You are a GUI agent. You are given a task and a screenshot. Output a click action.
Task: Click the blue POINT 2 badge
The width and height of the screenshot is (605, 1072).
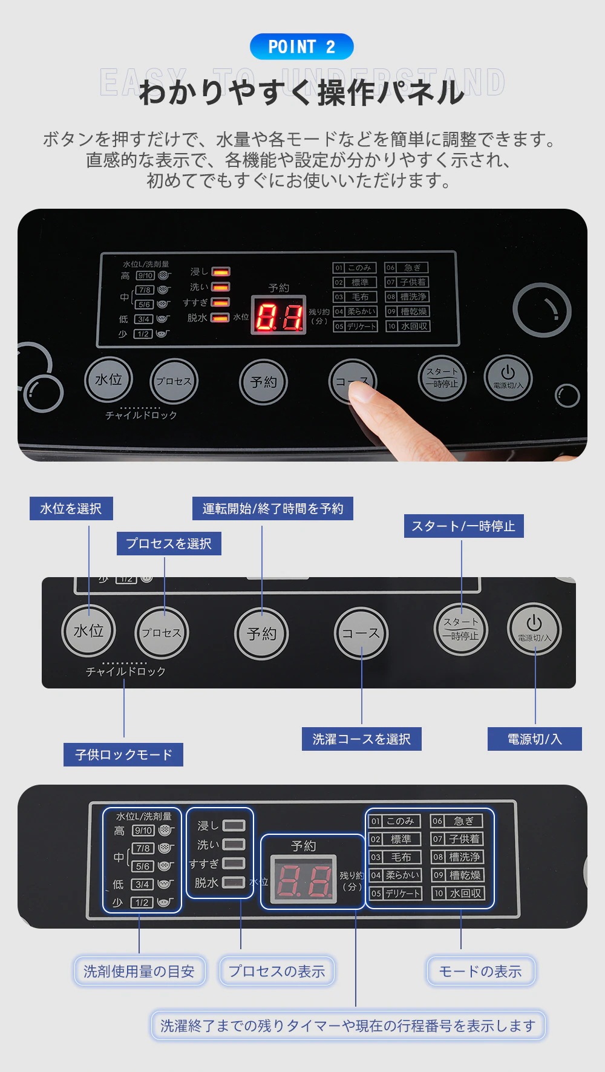(301, 47)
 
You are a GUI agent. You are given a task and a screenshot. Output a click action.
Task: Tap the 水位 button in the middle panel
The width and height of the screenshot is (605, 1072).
(88, 631)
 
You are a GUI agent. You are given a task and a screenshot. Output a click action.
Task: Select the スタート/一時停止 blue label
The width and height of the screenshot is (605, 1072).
(463, 526)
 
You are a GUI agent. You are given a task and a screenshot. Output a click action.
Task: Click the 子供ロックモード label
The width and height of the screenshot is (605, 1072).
(123, 754)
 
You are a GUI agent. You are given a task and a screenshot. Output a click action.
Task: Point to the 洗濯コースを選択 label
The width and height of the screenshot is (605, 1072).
(361, 739)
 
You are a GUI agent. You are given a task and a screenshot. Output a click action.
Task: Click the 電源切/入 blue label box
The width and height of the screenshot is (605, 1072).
(534, 739)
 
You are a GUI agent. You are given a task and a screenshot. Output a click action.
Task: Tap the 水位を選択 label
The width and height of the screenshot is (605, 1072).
(71, 508)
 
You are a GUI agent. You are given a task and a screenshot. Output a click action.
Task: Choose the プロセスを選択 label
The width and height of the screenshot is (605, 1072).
(169, 543)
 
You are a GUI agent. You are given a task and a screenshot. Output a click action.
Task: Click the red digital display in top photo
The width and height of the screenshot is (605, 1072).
(278, 316)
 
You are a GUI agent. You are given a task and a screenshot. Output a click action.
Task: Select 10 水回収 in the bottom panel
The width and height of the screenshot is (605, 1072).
(458, 893)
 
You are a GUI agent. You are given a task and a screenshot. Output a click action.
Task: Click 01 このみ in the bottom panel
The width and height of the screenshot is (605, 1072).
(394, 821)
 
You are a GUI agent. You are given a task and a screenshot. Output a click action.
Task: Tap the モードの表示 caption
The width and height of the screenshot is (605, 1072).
(480, 971)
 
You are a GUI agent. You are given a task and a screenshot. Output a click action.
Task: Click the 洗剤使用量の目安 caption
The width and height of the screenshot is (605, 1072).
(139, 971)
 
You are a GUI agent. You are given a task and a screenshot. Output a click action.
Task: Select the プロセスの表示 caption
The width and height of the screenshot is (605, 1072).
(276, 971)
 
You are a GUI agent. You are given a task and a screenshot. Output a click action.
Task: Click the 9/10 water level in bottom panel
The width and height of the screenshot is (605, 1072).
(143, 831)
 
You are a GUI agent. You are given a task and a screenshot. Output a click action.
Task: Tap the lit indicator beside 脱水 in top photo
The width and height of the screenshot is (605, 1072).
(220, 318)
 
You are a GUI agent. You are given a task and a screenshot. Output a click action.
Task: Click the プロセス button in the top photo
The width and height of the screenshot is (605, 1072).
(174, 381)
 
